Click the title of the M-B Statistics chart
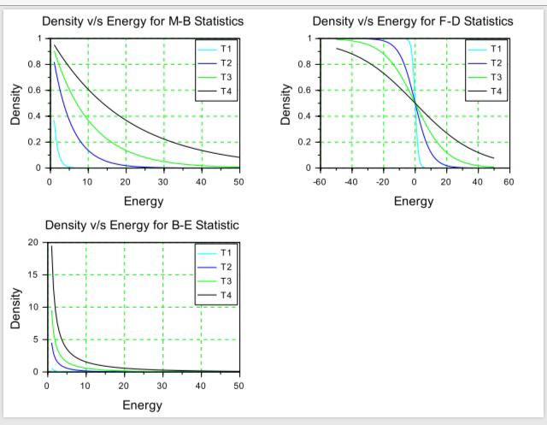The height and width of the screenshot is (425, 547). pos(143,21)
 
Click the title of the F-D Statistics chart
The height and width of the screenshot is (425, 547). pos(413,21)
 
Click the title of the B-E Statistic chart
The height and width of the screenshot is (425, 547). pos(142,225)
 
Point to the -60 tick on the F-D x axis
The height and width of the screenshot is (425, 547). pos(320,181)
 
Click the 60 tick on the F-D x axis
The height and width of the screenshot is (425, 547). pos(509,181)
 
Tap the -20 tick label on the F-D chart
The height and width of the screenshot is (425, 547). pos(382,181)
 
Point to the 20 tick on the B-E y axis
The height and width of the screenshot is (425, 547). pos(33,242)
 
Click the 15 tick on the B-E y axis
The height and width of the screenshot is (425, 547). pos(33,274)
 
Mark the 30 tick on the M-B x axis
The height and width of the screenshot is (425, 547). pos(163,181)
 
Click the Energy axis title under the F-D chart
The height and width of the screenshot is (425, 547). pos(414,202)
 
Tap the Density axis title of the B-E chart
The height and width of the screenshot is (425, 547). pos(15,307)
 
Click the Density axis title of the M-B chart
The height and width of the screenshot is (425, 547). pos(15,103)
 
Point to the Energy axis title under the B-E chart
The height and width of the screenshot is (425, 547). pos(143,405)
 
